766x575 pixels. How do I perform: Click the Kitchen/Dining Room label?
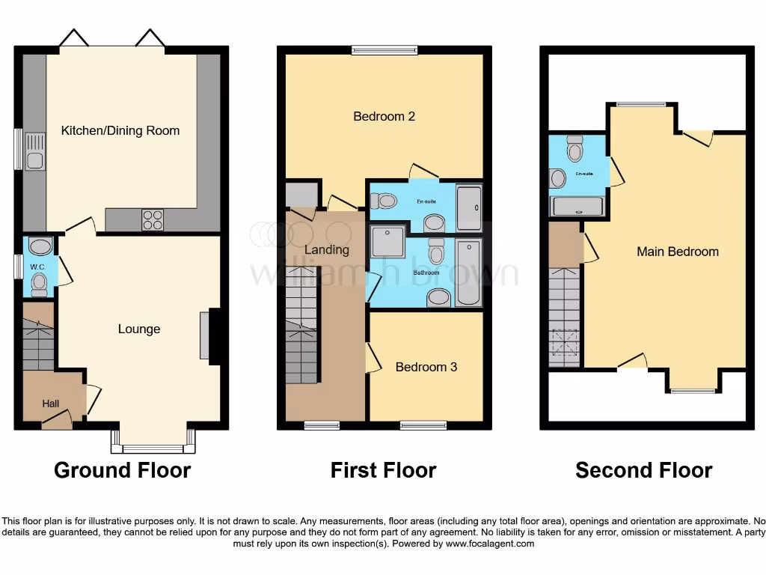click(120, 130)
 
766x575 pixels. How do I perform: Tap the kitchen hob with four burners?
click(153, 219)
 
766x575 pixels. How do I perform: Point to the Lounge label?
click(139, 329)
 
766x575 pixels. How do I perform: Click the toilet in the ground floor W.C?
click(40, 282)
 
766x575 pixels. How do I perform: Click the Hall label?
click(50, 404)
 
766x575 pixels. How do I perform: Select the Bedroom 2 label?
click(384, 116)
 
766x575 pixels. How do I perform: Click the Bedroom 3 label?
click(426, 367)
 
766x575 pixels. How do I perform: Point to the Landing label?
click(327, 249)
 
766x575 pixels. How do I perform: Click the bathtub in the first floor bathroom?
click(469, 273)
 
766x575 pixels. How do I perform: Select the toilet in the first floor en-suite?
click(385, 201)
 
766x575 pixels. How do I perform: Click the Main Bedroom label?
click(677, 252)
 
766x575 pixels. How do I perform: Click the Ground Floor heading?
click(122, 470)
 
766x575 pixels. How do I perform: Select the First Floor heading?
click(383, 470)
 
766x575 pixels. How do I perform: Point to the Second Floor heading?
click(643, 470)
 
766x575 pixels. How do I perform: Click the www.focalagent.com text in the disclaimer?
click(490, 544)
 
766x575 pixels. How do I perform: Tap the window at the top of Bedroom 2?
click(384, 50)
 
